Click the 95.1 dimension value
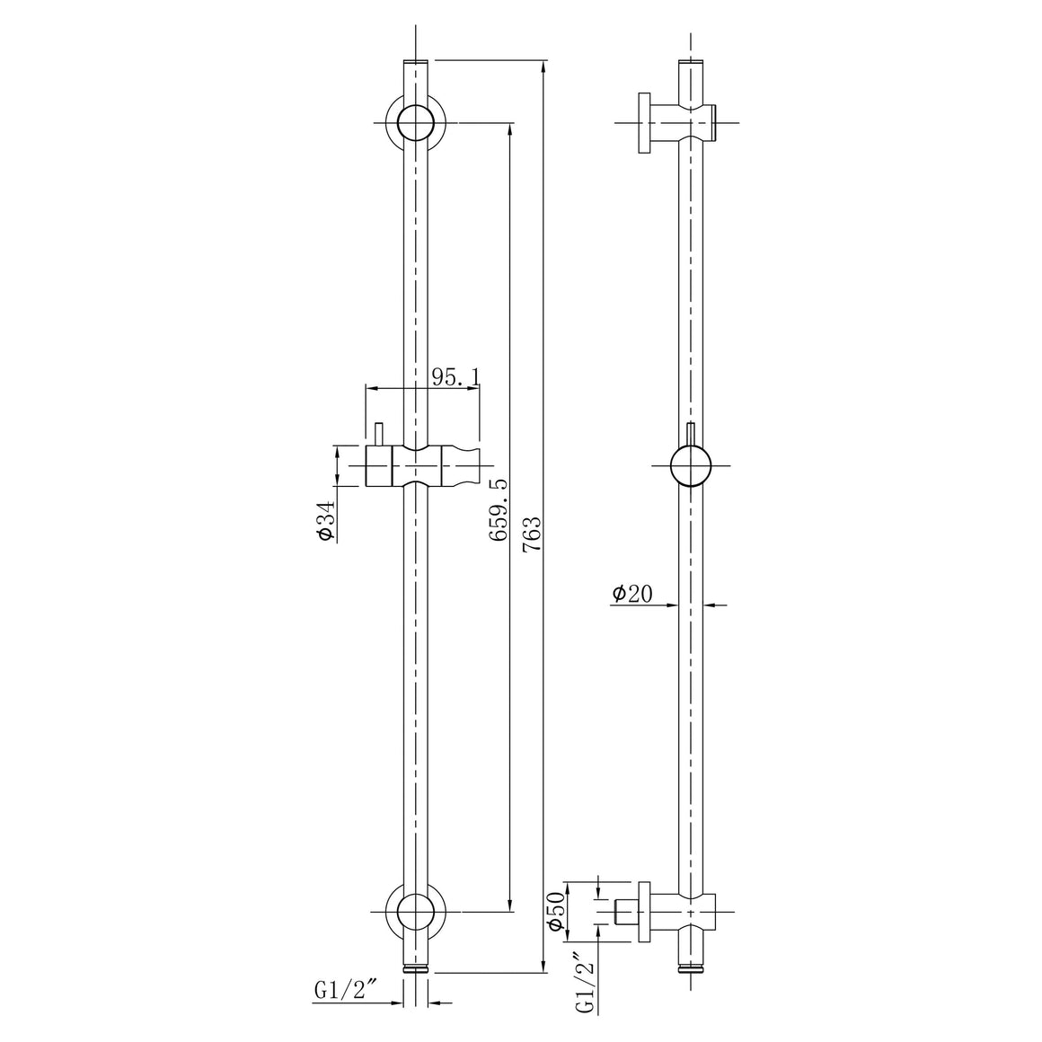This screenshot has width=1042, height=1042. click(x=455, y=376)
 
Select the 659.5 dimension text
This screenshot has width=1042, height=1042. click(x=499, y=510)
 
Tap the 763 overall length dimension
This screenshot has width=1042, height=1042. click(x=532, y=534)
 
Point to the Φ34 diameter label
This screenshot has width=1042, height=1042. click(x=325, y=520)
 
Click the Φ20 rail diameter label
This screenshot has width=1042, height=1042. click(x=632, y=593)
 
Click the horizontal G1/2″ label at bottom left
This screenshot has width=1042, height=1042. click(x=346, y=991)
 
